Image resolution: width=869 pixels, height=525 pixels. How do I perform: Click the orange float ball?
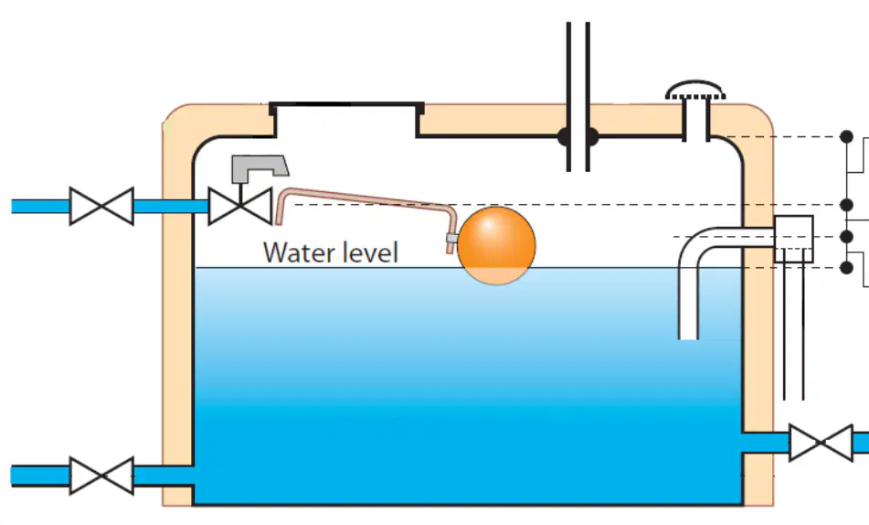pos(496,246)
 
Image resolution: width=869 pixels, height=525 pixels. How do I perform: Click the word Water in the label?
pos(298,252)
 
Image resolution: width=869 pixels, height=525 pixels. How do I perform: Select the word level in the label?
pos(370,252)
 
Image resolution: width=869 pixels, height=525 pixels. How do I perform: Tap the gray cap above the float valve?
pos(260,168)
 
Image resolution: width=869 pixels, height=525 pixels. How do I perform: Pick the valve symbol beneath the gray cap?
pos(240,207)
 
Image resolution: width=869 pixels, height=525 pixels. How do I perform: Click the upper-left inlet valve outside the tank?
pos(101,207)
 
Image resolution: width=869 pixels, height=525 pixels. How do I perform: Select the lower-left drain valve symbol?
pos(101,476)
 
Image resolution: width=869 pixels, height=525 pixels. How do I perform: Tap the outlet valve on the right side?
pos(821,443)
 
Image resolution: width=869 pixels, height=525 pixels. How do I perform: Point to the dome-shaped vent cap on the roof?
pos(695,91)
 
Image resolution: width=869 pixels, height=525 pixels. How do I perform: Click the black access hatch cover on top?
pos(346,105)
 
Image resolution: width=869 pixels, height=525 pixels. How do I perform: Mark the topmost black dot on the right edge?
pos(846,136)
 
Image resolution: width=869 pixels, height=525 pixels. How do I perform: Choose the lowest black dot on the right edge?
pos(846,267)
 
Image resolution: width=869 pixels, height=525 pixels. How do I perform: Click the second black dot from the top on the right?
pos(846,205)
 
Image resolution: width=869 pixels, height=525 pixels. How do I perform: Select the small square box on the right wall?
pos(794,239)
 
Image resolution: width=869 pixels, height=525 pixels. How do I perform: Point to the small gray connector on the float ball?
pos(452,239)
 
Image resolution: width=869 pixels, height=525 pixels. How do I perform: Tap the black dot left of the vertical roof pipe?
pos(564,136)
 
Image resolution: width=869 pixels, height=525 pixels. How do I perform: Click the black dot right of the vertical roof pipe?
pos(592,136)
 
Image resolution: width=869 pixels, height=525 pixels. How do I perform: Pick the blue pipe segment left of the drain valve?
pos(40,476)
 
